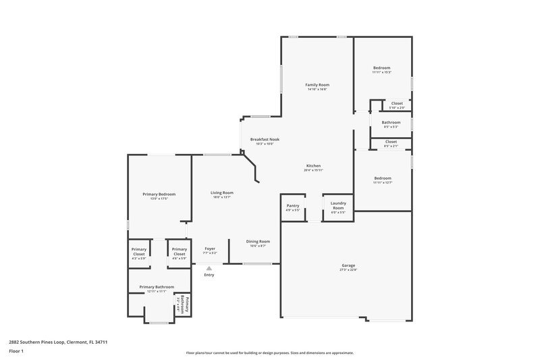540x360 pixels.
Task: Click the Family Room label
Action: click(x=317, y=85)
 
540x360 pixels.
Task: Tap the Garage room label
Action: click(x=348, y=265)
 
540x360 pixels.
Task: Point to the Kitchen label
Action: click(x=313, y=166)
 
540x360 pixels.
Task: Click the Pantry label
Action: click(x=293, y=206)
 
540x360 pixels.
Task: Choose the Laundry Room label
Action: click(x=338, y=206)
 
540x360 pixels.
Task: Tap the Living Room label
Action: click(x=221, y=193)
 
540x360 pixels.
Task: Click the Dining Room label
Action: click(x=258, y=241)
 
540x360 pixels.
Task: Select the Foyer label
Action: click(x=210, y=249)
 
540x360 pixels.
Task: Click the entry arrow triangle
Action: click(x=209, y=268)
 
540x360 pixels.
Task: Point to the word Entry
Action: click(x=209, y=275)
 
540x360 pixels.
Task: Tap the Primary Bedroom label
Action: click(x=159, y=195)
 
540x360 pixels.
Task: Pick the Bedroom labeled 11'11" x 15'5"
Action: click(x=382, y=68)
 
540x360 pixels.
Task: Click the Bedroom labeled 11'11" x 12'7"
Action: click(x=382, y=178)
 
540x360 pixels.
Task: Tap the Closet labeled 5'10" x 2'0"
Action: click(x=397, y=105)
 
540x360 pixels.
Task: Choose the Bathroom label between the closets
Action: click(x=391, y=123)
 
